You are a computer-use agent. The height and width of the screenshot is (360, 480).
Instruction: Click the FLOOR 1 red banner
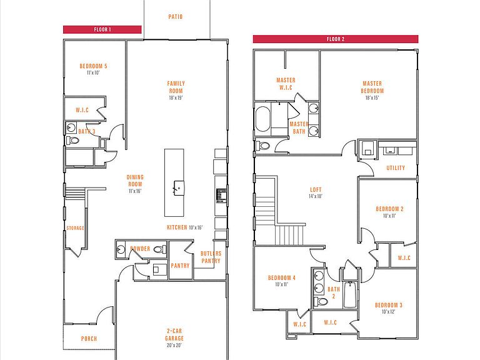coord(102,29)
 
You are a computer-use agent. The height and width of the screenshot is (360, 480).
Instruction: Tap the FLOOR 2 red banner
coord(336,39)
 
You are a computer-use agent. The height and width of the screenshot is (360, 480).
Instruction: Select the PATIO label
coord(176,16)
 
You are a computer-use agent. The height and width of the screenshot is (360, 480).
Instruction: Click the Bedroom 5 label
coord(93,66)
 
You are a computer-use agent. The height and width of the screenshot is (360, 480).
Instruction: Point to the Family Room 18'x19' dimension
coord(176,97)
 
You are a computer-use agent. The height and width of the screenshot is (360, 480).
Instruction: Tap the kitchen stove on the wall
coord(221,196)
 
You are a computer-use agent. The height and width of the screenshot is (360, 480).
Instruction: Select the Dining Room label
coord(135,181)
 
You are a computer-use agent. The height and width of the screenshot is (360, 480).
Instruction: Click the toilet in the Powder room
coord(159,249)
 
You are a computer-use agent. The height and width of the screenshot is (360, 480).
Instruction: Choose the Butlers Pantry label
coord(211,257)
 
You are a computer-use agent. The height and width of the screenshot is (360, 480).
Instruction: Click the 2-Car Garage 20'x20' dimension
coord(174,345)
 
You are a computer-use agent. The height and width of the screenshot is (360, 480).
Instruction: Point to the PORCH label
coord(89,339)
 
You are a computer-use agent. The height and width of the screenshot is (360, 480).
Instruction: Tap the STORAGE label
coord(75,228)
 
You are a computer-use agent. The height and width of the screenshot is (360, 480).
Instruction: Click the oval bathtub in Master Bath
coord(262,119)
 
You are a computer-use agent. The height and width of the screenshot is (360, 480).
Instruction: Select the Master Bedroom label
coord(372,87)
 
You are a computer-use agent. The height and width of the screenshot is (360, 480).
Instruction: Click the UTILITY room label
coord(396,167)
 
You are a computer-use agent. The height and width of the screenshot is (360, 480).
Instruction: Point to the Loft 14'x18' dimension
coord(315,196)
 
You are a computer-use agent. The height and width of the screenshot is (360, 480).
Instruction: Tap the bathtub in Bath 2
coord(349,295)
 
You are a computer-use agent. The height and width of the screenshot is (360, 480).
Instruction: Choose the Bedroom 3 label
coord(389,305)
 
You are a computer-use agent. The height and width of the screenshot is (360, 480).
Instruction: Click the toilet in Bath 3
coord(72,141)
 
